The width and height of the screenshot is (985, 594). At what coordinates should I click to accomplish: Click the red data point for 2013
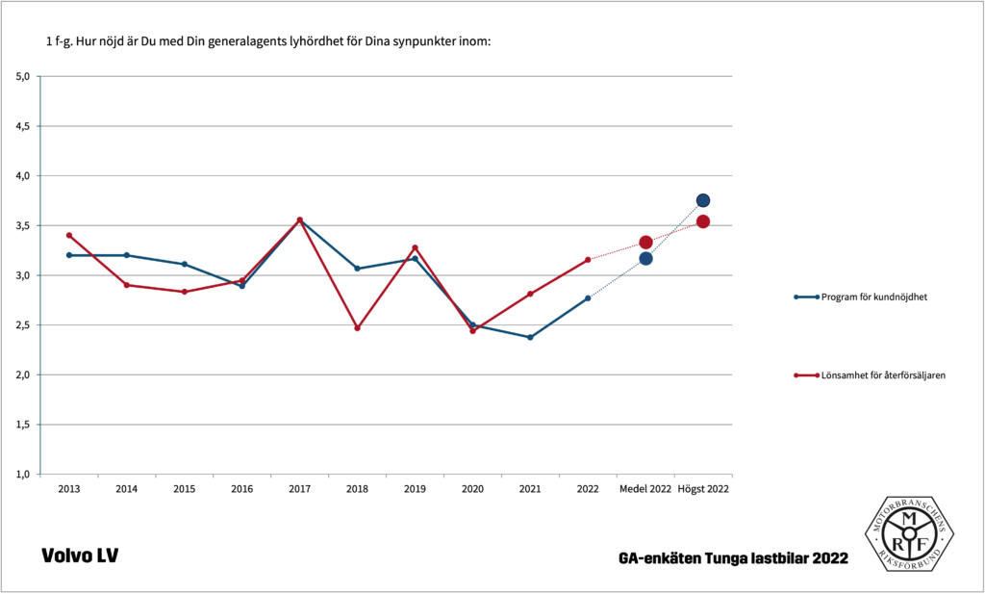click(x=68, y=235)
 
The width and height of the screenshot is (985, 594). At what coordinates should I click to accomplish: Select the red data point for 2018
click(x=357, y=328)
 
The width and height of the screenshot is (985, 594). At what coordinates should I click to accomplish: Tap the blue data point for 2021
click(x=530, y=337)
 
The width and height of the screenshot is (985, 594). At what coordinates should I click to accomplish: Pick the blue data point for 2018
click(x=357, y=269)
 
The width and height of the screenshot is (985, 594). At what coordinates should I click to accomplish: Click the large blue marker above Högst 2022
click(x=703, y=200)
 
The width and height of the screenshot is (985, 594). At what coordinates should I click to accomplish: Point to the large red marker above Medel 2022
click(x=645, y=243)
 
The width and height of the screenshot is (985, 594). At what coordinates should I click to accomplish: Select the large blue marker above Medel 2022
click(x=645, y=258)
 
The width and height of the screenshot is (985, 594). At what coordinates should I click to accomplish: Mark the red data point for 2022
click(x=588, y=260)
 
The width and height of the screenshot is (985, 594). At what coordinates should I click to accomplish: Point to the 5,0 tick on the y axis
click(x=22, y=76)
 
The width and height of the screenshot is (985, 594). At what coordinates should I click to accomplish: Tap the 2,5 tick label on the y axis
click(x=22, y=325)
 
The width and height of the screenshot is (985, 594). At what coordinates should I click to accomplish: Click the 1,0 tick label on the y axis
click(x=22, y=475)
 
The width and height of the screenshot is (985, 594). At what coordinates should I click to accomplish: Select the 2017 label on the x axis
click(x=299, y=489)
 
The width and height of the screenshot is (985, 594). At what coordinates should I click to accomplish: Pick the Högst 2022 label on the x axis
click(x=703, y=489)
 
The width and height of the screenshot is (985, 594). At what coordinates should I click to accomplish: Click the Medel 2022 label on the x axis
click(x=645, y=489)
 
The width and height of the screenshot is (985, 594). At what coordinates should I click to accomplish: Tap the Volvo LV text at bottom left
click(x=79, y=555)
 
